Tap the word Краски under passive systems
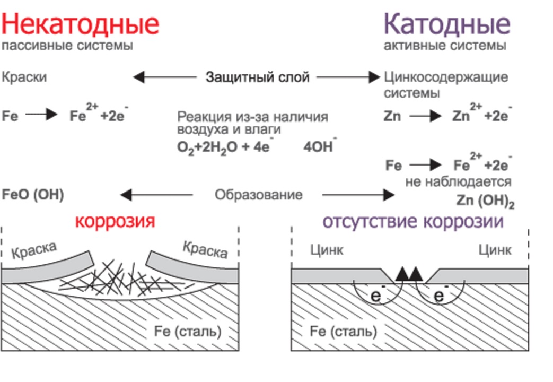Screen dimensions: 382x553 pos(24,77)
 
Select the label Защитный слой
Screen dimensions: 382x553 pos(257,77)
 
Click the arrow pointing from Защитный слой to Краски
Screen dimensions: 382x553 pos(164,77)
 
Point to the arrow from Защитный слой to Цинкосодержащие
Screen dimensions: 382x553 pos(348,77)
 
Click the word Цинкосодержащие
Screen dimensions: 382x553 pos(446,77)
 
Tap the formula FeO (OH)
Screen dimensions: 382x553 pos(33,195)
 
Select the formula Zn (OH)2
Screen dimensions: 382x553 pos(485,201)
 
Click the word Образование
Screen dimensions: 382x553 pos(258,195)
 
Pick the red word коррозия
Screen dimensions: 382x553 pos(115,220)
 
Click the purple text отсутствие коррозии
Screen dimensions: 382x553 pos(412,221)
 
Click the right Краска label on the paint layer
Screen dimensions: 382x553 pos(205,249)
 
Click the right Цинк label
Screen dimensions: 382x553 pos(495,249)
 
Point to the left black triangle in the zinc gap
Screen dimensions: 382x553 pos(403,274)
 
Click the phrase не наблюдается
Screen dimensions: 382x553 pos(458,182)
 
